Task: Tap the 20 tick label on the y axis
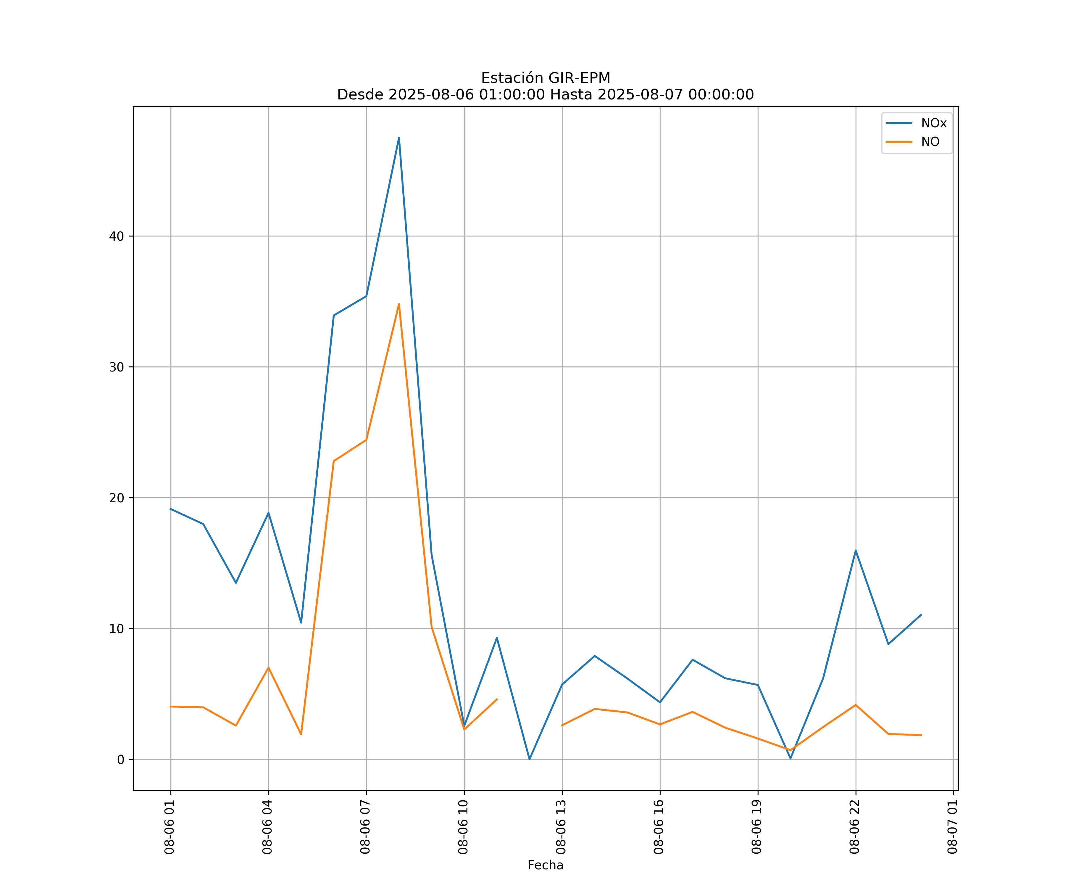coord(117,498)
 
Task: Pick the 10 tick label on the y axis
coord(117,629)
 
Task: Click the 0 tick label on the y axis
coord(121,760)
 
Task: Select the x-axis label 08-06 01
coord(170,827)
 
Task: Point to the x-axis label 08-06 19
coord(757,827)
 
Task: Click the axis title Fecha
coord(545,865)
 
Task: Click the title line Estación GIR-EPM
coord(545,78)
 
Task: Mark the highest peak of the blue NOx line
coord(398,138)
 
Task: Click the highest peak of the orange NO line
coord(398,304)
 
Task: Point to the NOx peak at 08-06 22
coord(856,551)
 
